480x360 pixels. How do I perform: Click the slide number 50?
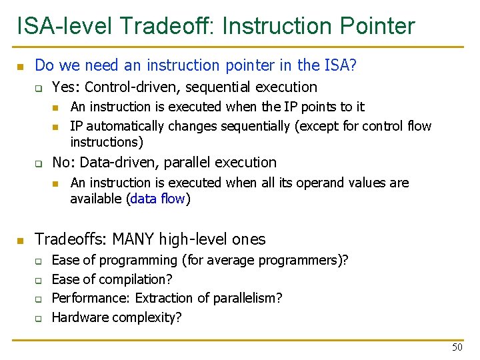[x=457, y=347]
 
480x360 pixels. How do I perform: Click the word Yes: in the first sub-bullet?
[x=67, y=87]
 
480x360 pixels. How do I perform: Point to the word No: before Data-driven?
[x=65, y=162]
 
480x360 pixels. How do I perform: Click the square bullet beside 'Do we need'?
[x=21, y=66]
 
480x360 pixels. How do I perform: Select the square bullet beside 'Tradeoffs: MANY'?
[x=21, y=240]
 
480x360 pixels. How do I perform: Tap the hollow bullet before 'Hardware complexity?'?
[x=39, y=318]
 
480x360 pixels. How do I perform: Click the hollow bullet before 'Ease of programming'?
[x=39, y=261]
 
